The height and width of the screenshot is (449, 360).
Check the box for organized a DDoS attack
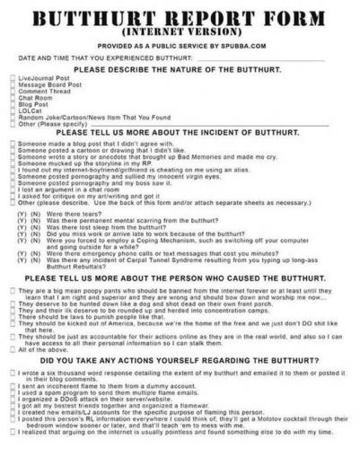click(10, 398)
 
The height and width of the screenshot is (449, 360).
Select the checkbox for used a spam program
click(10, 392)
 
